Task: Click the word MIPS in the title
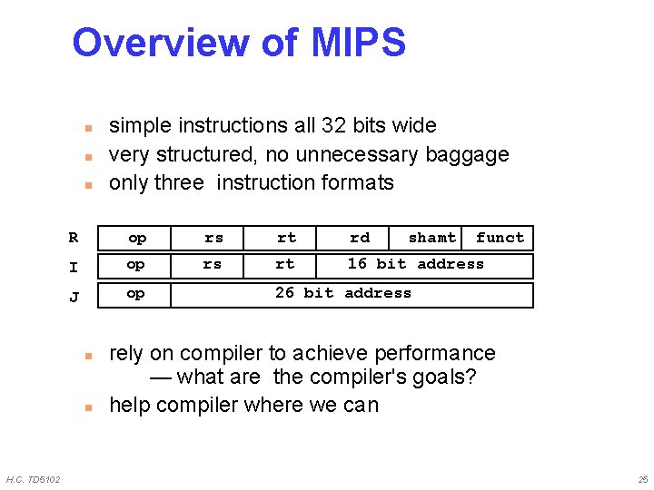358,43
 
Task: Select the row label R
74,238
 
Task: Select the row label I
74,268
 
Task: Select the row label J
74,297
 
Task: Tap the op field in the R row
137,238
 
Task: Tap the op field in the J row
135,293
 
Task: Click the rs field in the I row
212,264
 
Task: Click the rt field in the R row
286,238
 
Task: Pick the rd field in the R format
360,238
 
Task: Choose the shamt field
431,238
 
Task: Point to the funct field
500,238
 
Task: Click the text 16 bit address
416,264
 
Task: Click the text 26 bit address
343,293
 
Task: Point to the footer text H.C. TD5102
34,479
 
